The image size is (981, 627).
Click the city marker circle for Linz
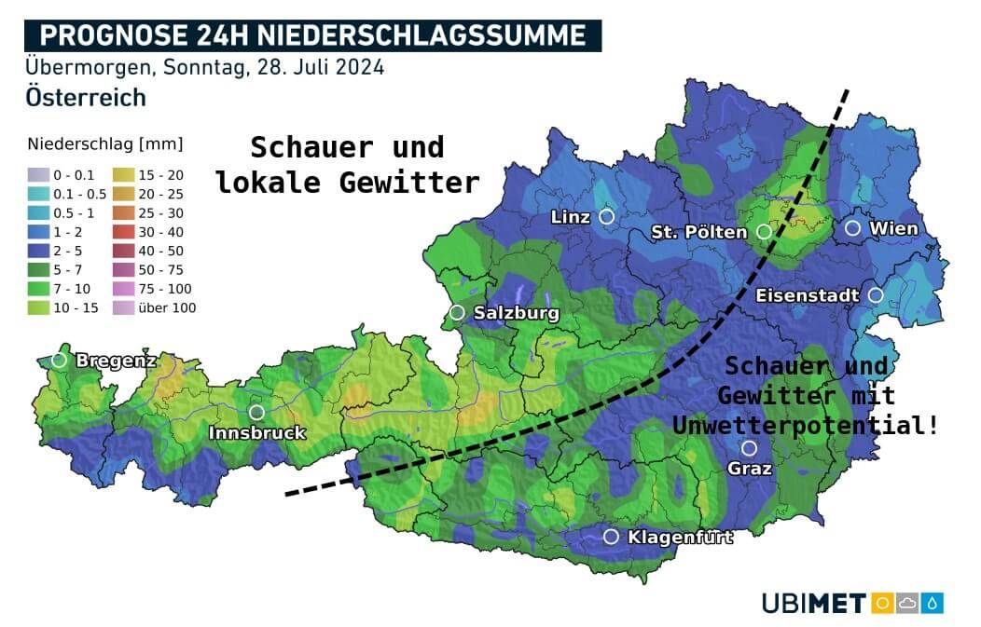point(606,216)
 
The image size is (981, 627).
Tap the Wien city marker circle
point(852,227)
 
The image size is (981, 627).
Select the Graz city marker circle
point(749,448)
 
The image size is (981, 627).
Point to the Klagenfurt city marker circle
point(611,537)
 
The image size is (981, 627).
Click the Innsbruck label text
point(256,433)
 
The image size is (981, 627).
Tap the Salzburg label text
point(516,313)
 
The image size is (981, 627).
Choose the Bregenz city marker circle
point(60,360)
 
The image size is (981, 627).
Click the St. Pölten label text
point(699,232)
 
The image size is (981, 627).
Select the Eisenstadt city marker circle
point(876,295)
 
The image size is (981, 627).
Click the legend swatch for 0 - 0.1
point(38,174)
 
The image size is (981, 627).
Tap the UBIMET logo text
point(814,603)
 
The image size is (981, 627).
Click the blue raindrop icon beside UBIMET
point(933,603)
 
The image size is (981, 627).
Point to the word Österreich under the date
point(86,97)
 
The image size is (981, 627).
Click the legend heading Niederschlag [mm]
point(105,144)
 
